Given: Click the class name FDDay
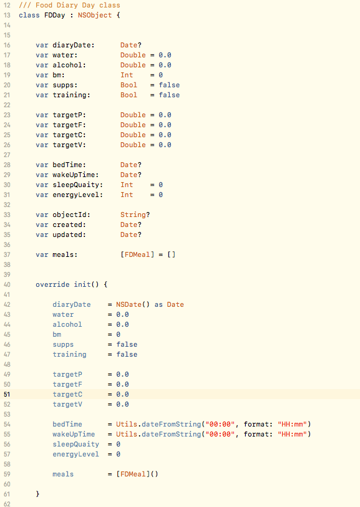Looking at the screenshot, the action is click(55, 15).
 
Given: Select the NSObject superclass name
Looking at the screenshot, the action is click(95, 15).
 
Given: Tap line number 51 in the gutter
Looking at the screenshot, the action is click(7, 394).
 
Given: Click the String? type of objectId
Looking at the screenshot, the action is click(135, 215).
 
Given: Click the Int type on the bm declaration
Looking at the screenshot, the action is click(127, 75).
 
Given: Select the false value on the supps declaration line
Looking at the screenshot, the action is click(169, 85).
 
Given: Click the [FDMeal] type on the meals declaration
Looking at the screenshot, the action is click(137, 255).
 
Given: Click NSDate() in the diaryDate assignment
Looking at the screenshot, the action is click(133, 304).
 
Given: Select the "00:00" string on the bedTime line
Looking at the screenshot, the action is click(220, 424).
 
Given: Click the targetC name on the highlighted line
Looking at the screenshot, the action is click(67, 395).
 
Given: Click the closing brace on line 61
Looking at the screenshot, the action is click(37, 494).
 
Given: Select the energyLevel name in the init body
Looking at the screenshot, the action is click(75, 454).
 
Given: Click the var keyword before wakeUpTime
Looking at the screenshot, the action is click(42, 175).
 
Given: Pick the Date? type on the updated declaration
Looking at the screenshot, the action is click(130, 234).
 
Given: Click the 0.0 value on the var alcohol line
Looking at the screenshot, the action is click(165, 65).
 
